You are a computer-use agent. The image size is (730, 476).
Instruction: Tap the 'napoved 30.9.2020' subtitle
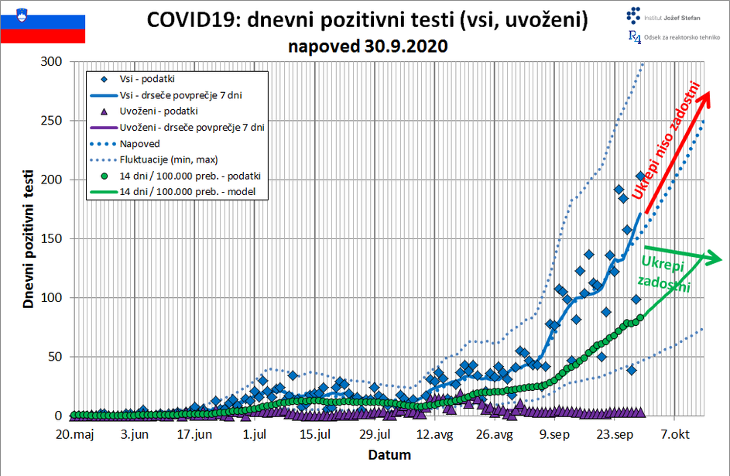(x=368, y=46)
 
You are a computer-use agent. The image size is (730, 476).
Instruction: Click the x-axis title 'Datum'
(x=389, y=454)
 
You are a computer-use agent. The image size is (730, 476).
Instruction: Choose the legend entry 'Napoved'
(x=140, y=143)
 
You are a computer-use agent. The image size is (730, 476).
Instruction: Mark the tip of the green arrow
(x=721, y=259)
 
